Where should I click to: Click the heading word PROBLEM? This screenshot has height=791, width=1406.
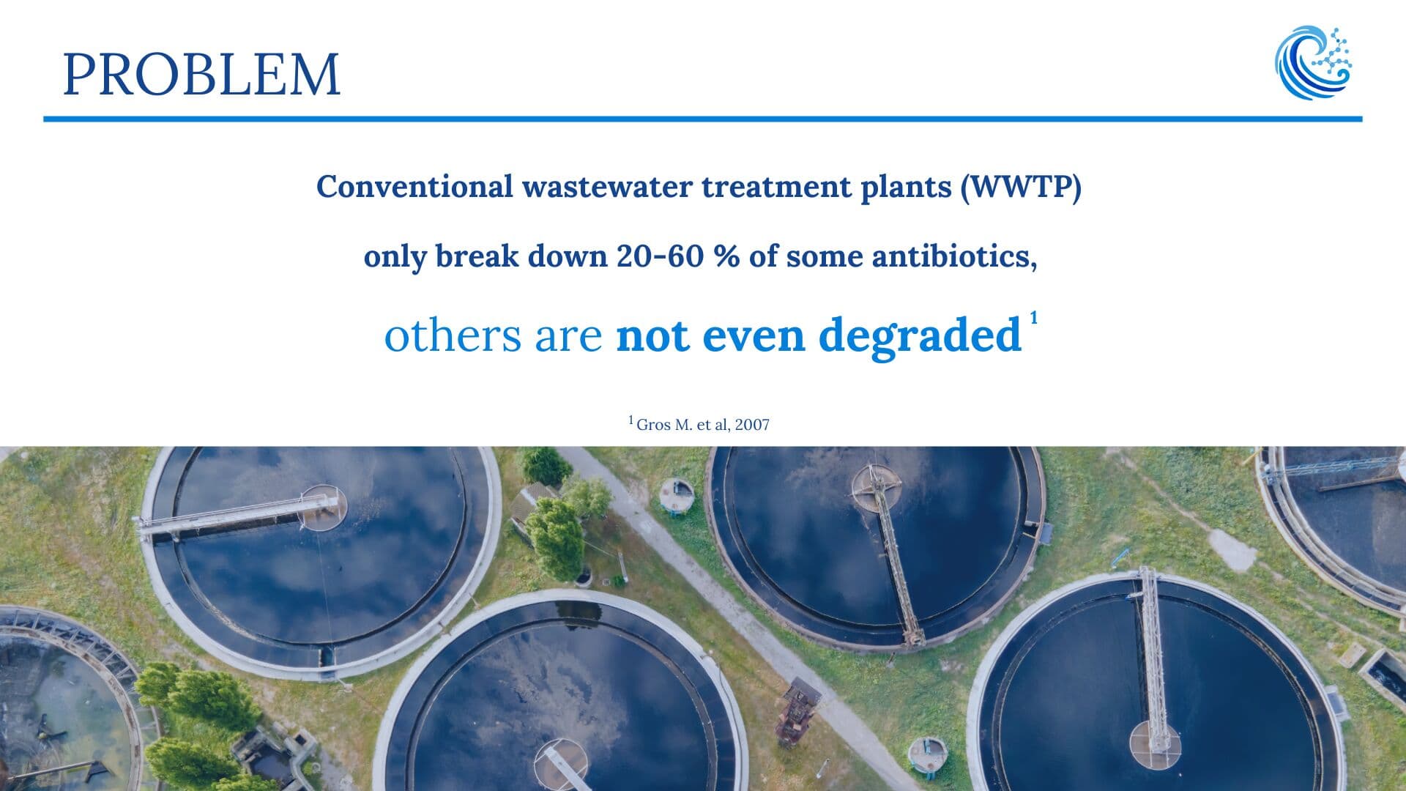click(201, 74)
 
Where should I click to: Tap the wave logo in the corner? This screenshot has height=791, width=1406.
click(1313, 63)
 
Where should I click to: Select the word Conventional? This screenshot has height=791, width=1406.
click(414, 187)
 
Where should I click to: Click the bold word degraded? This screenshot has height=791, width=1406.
click(920, 335)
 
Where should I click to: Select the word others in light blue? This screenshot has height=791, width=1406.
click(453, 335)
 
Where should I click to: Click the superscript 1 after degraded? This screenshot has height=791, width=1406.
click(1033, 318)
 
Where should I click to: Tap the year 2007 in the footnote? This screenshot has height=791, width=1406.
click(752, 425)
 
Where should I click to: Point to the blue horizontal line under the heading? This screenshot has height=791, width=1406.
click(703, 119)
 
